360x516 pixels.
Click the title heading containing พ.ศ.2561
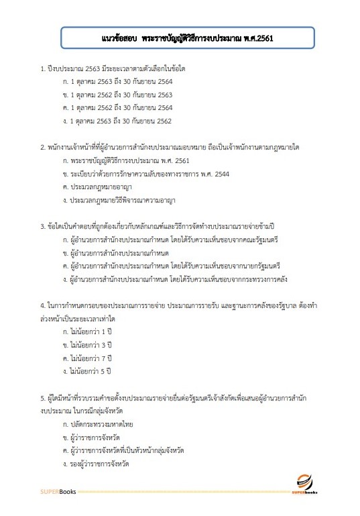click(x=180, y=39)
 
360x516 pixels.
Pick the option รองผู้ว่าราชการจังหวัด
click(x=97, y=463)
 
